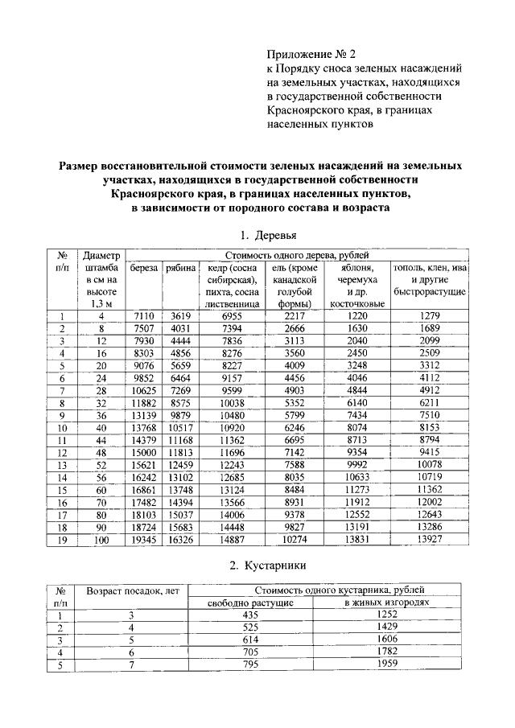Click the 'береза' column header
(145, 268)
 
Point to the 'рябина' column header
(181, 268)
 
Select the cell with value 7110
(145, 316)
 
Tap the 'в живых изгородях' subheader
(387, 603)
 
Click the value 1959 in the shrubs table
(387, 664)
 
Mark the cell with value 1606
(387, 640)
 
